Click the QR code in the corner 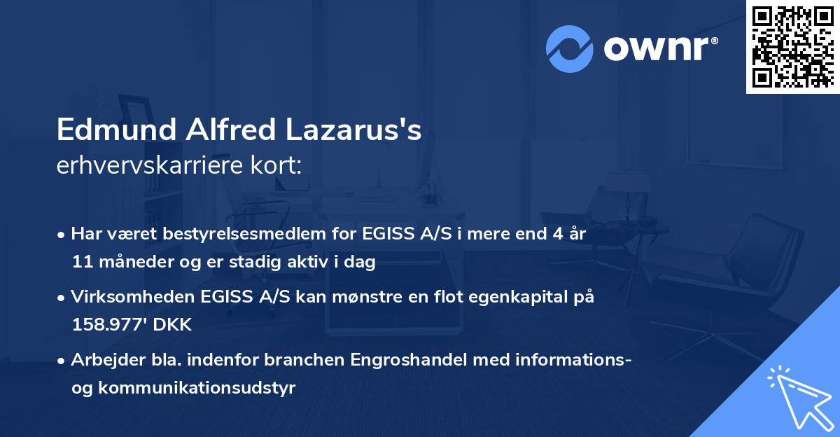click(792, 47)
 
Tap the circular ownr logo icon click(569, 49)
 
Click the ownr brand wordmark click(661, 49)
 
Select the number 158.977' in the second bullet click(107, 325)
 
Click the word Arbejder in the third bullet click(102, 360)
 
